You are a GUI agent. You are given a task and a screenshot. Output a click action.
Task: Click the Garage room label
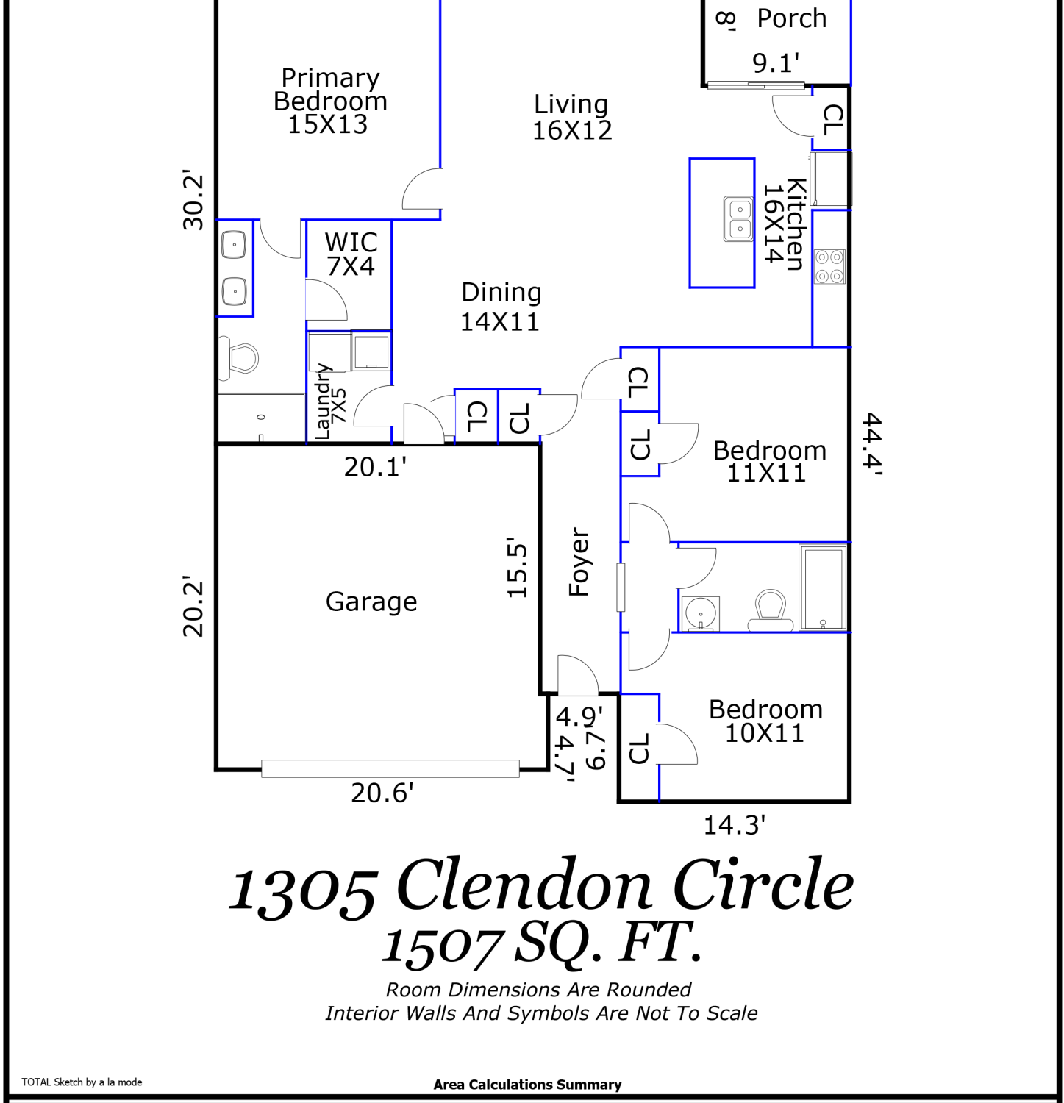371,602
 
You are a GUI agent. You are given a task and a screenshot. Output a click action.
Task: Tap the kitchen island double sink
738,218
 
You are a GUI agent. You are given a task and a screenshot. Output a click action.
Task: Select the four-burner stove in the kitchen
829,266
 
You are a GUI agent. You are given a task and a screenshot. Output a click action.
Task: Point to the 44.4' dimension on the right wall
871,443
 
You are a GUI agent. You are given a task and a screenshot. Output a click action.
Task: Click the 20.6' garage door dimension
382,793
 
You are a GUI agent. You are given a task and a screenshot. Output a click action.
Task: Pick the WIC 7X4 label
351,254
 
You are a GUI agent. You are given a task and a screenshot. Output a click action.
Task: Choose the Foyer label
579,562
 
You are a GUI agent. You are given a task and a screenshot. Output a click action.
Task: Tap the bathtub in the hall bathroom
824,588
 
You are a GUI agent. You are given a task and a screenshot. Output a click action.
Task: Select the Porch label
792,18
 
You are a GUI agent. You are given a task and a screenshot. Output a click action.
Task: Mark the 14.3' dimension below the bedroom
734,825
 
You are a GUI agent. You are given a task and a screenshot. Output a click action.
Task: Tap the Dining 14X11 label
501,307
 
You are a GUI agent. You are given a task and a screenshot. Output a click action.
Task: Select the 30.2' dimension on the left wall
193,200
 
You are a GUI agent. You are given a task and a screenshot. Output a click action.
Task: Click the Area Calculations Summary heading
527,1085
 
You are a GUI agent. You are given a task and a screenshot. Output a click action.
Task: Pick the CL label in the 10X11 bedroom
639,749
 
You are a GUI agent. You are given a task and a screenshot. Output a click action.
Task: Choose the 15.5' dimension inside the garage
517,567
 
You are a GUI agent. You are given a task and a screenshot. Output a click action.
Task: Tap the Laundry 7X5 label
330,401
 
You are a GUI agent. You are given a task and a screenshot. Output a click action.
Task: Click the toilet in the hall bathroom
771,610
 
